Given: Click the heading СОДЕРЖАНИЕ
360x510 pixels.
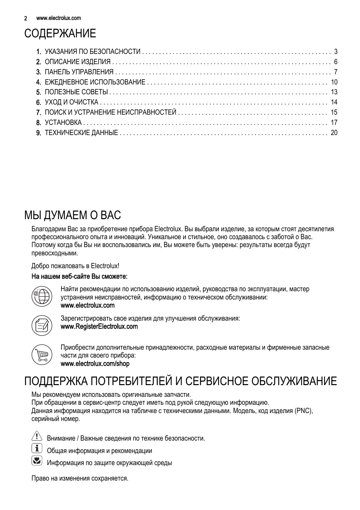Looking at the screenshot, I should click(60, 34).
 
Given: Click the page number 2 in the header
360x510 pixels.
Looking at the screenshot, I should click(26, 18).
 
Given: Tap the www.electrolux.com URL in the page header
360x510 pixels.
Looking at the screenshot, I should click(58, 18).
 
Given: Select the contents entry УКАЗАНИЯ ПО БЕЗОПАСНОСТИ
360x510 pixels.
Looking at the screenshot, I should click(92, 52).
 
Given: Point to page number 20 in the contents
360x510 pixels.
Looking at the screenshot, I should click(334, 133).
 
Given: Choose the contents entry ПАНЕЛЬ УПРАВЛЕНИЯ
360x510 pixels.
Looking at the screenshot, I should click(79, 72).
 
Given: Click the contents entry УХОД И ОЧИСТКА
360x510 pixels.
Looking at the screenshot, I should click(71, 102).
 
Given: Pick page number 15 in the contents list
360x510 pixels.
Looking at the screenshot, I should click(334, 112).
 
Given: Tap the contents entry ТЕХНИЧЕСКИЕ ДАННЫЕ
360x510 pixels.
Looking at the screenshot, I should click(81, 133).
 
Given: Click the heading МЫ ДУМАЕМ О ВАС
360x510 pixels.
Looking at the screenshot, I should click(72, 215).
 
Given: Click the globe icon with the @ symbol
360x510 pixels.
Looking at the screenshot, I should click(42, 295).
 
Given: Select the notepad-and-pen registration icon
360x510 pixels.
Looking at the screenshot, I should click(42, 325).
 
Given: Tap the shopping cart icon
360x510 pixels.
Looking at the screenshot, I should click(42, 354).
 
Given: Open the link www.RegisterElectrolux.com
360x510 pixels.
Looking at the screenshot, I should click(99, 327).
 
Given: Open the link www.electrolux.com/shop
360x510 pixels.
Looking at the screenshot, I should click(95, 364).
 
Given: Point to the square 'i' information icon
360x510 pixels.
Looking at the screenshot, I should click(37, 449).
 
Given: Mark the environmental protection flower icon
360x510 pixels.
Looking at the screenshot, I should click(37, 461).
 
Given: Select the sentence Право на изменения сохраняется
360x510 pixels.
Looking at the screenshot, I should click(80, 478).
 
